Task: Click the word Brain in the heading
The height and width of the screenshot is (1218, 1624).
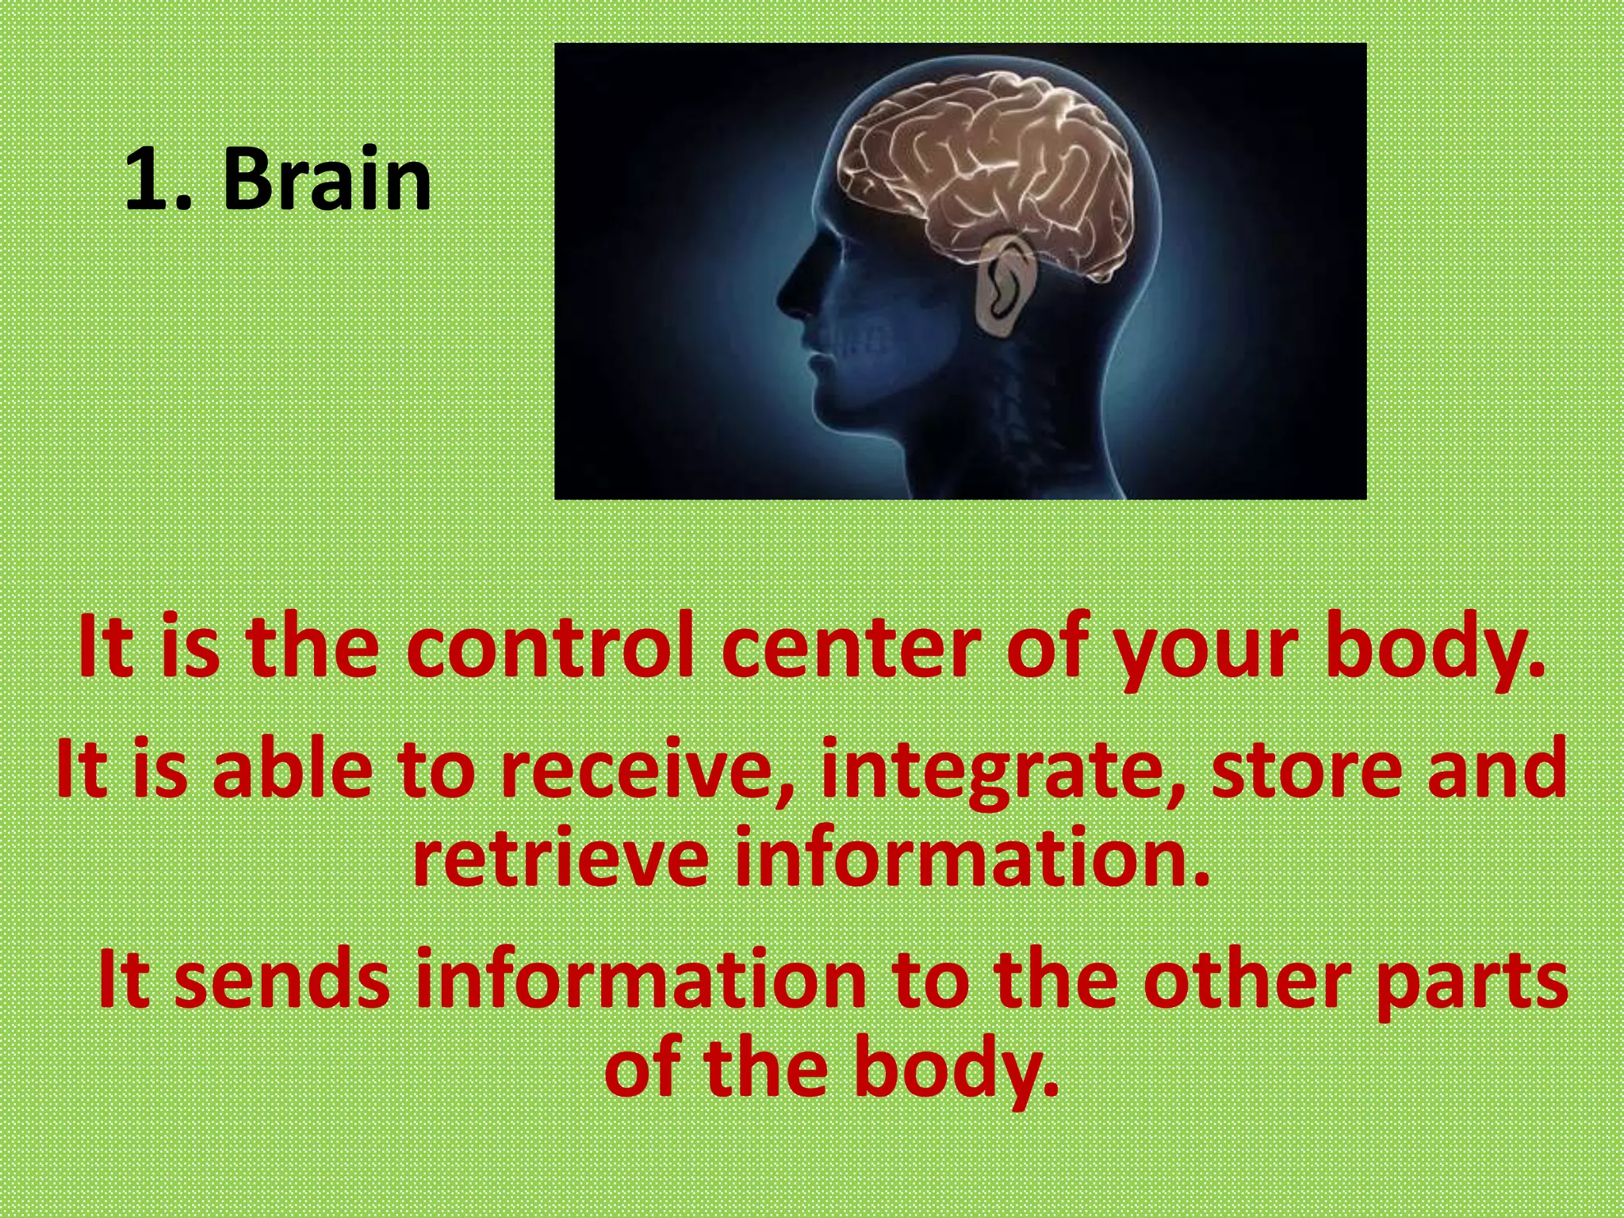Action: point(327,180)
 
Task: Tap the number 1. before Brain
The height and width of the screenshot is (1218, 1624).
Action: point(159,180)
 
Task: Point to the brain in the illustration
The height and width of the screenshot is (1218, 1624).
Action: point(983,167)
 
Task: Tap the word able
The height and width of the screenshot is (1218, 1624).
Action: point(293,769)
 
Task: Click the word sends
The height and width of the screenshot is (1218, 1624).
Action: point(282,981)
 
